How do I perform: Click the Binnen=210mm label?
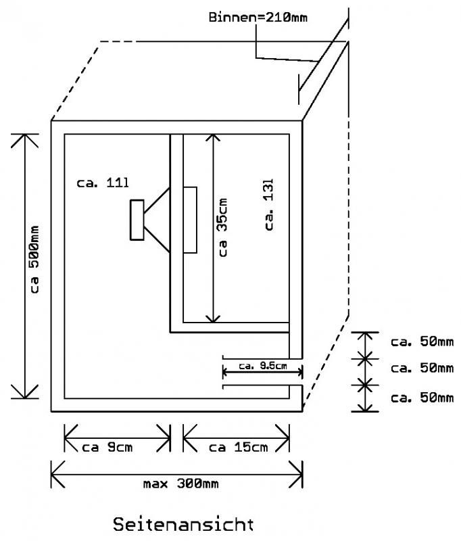(x=258, y=18)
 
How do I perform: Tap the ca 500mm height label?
(x=34, y=260)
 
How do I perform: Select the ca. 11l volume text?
(x=103, y=183)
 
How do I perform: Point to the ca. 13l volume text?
(x=269, y=205)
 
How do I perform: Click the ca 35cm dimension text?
(x=223, y=227)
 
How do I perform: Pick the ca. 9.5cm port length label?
(x=263, y=366)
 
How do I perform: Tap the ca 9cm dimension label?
(x=107, y=448)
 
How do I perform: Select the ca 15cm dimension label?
(x=238, y=448)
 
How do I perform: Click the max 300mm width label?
(x=181, y=484)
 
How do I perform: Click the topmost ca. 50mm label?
(x=422, y=342)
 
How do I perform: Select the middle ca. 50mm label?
(x=422, y=368)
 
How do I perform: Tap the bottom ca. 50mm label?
(x=422, y=398)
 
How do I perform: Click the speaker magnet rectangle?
(x=137, y=220)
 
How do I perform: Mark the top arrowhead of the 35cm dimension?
(x=214, y=138)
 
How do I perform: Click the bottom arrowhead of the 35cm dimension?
(x=214, y=319)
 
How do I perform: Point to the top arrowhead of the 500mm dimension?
(x=24, y=140)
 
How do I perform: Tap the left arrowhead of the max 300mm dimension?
(x=57, y=475)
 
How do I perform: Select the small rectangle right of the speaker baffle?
(x=190, y=220)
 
